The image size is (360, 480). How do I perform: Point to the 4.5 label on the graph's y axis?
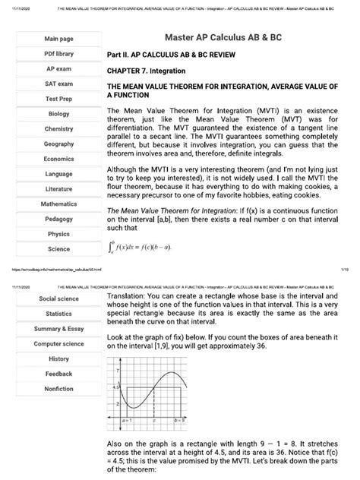[x=117, y=387]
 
